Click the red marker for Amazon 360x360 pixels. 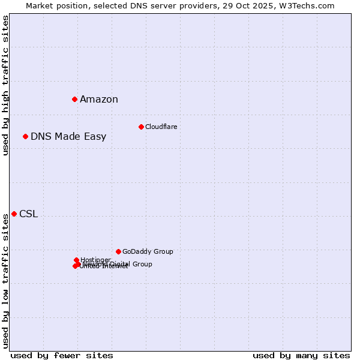[74, 99]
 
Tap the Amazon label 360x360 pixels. [99, 100]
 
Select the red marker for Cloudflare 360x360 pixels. [141, 127]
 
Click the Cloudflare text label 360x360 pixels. [161, 127]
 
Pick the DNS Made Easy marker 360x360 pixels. [25, 136]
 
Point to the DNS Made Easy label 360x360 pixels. [68, 137]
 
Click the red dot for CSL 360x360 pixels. [14, 214]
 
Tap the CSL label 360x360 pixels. [28, 214]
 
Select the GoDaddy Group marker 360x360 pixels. [118, 251]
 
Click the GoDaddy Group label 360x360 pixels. [148, 251]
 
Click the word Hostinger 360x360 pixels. [95, 260]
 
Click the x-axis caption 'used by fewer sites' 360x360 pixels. [62, 355]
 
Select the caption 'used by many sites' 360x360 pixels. [301, 355]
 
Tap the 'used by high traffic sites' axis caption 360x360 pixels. [5, 85]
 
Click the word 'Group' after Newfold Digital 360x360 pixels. [142, 264]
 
